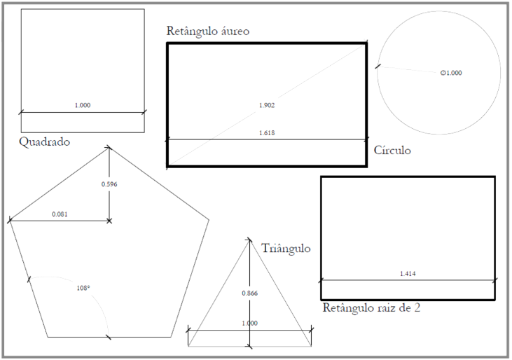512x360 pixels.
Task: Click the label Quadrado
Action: (44, 142)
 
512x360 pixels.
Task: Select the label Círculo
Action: (392, 150)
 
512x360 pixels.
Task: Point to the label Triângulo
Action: (286, 249)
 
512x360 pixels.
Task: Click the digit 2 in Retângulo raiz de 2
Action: (417, 307)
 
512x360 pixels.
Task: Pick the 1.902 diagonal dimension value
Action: (267, 105)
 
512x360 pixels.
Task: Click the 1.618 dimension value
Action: (267, 133)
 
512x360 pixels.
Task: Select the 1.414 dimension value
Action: (408, 274)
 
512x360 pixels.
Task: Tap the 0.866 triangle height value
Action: (250, 293)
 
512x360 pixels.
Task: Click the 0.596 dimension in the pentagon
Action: (109, 184)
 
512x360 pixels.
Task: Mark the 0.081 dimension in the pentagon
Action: (60, 214)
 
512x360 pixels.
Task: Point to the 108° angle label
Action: (83, 288)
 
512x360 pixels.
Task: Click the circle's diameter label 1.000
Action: (451, 73)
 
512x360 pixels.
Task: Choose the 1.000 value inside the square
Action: (83, 105)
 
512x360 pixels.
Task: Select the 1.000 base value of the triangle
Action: (250, 323)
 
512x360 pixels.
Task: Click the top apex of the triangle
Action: (250, 240)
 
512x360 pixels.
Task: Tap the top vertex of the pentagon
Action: (109, 148)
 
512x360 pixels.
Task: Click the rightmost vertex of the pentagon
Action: (209, 220)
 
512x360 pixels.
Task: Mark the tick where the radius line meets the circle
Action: (378, 67)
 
